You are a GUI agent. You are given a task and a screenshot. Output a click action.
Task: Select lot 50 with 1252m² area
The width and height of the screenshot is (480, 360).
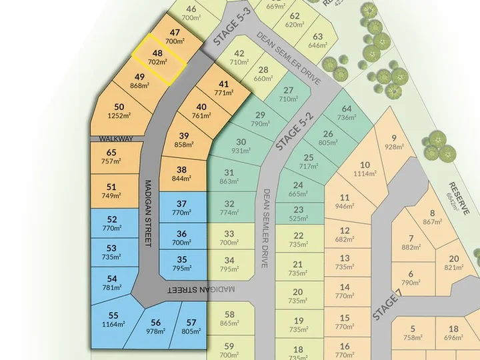tap(119, 111)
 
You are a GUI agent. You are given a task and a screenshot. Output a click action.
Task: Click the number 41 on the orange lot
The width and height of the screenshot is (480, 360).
tap(224, 84)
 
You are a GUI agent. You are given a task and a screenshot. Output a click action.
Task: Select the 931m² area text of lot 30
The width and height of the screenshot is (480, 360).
tap(241, 151)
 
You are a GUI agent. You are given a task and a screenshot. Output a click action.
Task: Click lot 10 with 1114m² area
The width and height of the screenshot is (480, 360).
tap(364, 169)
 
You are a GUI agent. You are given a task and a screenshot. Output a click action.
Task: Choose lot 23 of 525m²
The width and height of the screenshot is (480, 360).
tap(298, 213)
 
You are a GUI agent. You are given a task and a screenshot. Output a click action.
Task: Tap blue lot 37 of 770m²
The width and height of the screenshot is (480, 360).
tap(182, 207)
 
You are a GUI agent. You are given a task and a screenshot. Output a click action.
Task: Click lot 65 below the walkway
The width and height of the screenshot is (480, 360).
tap(111, 157)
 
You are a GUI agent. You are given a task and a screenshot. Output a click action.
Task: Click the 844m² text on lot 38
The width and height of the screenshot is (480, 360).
tap(182, 178)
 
